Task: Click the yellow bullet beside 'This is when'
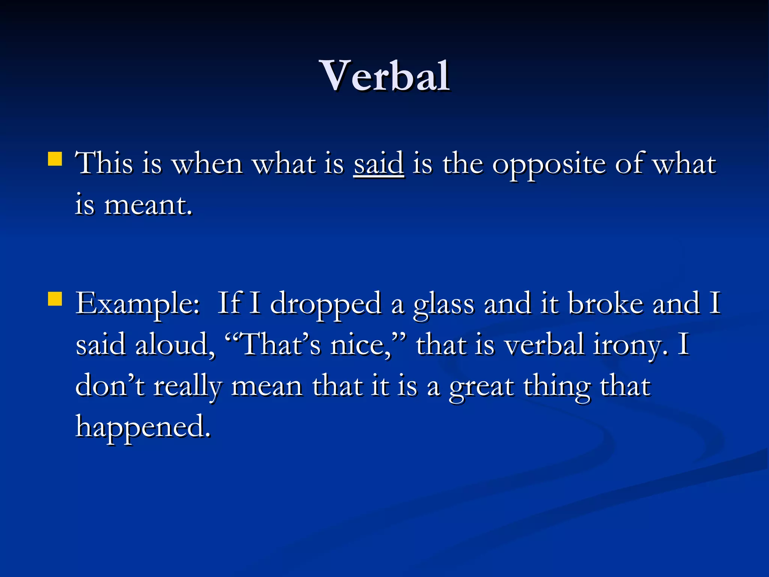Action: (55, 159)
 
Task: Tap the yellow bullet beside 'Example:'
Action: (55, 299)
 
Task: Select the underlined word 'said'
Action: (378, 164)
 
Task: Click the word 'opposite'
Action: (549, 165)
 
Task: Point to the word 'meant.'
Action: (148, 205)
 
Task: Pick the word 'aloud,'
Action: (175, 345)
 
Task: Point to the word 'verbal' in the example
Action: (544, 345)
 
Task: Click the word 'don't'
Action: (110, 386)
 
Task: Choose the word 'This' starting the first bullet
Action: (104, 164)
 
